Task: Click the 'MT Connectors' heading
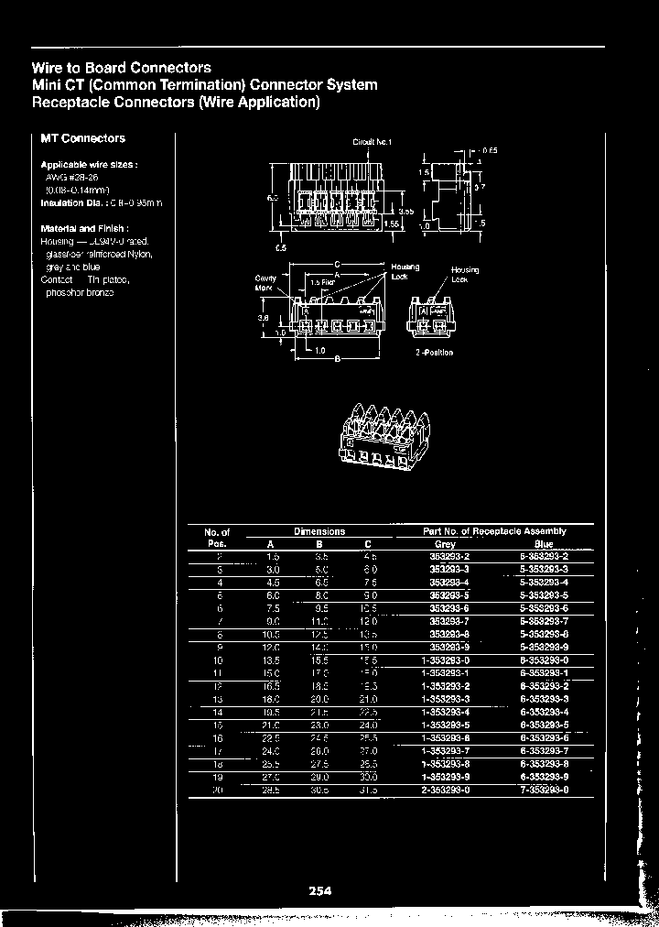click(82, 138)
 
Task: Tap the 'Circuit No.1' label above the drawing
click(372, 142)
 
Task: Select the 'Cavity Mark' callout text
click(265, 282)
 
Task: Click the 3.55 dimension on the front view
click(405, 211)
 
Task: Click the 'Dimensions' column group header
click(319, 531)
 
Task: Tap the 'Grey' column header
click(445, 544)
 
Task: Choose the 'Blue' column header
click(545, 544)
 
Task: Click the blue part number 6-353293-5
click(544, 724)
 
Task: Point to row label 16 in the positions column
click(218, 736)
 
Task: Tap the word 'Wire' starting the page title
click(48, 68)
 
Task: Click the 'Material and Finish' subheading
click(84, 228)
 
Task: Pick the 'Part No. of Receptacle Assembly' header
click(494, 531)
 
